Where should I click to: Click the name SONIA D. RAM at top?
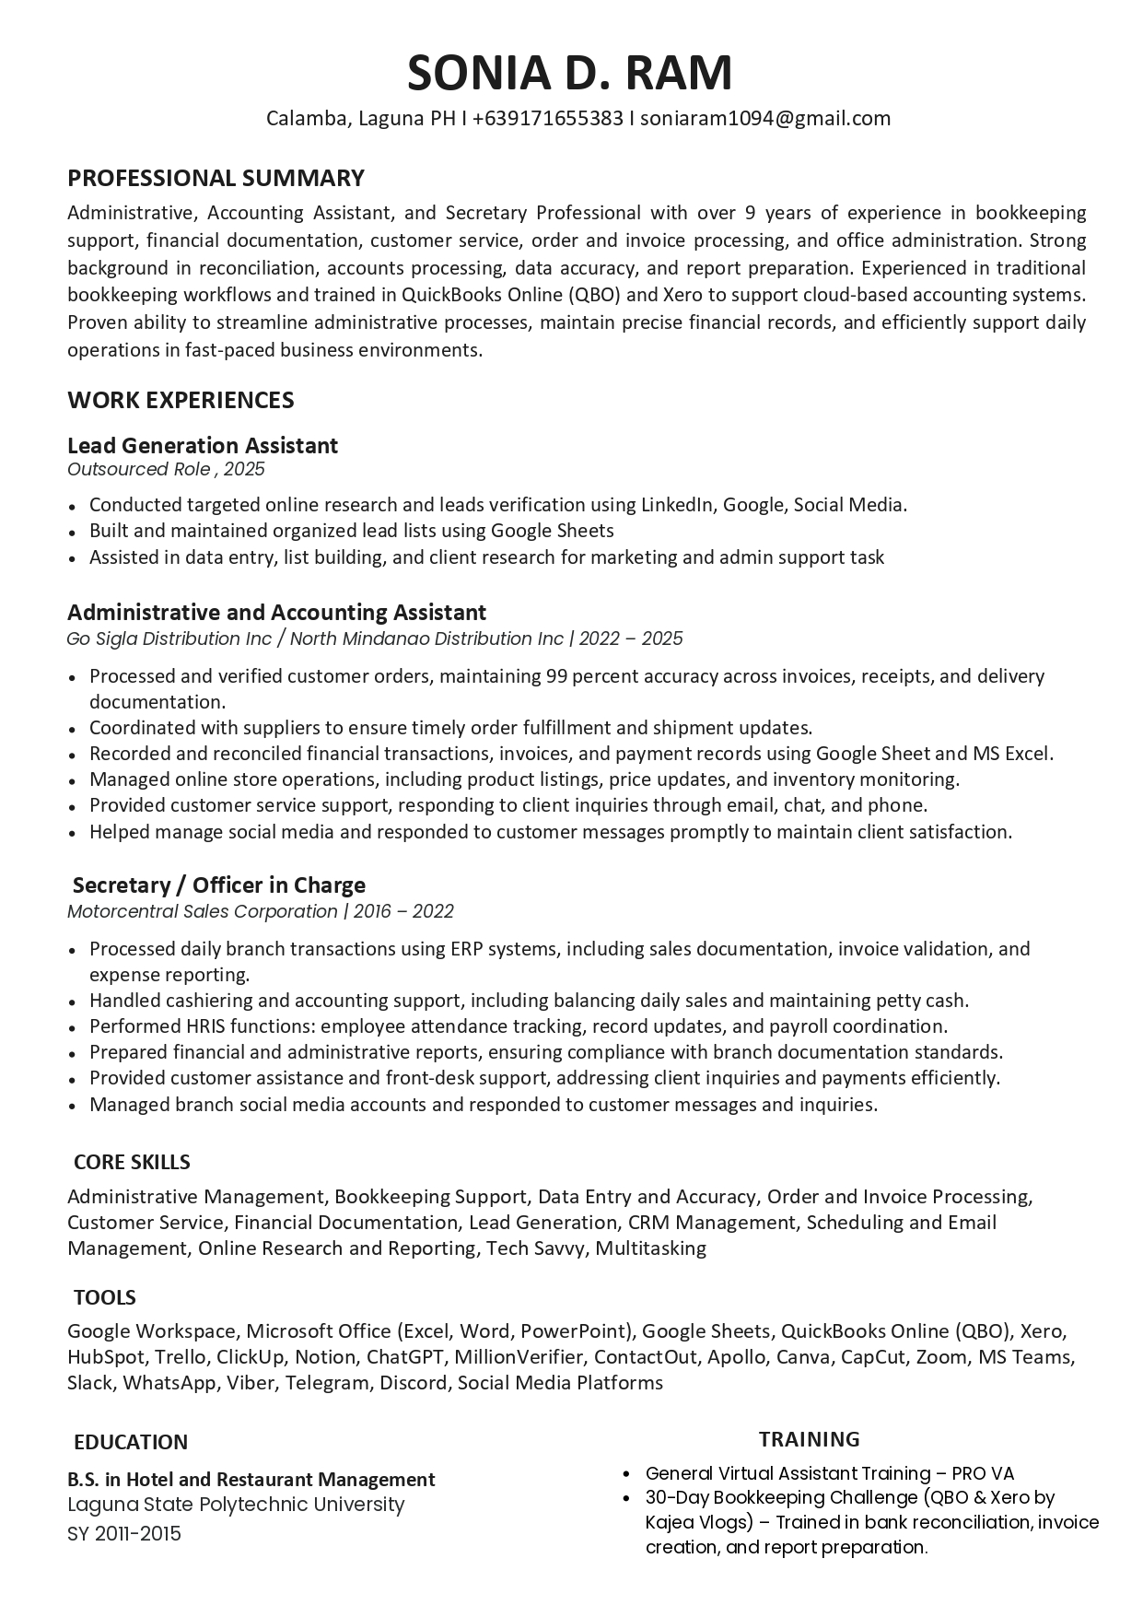click(x=570, y=73)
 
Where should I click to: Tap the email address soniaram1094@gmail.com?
click(x=765, y=118)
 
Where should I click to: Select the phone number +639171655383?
click(x=548, y=118)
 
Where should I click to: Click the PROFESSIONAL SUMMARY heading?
click(x=216, y=178)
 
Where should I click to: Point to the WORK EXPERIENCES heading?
click(x=181, y=400)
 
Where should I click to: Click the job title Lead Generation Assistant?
click(x=203, y=446)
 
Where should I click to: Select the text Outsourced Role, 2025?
click(x=166, y=469)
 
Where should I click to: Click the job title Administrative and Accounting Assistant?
click(x=276, y=613)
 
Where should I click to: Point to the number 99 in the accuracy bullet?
click(x=555, y=676)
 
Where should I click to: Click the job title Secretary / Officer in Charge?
click(x=219, y=885)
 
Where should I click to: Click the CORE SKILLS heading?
click(x=132, y=1163)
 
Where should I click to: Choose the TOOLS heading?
click(x=105, y=1298)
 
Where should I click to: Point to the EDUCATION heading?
click(x=131, y=1443)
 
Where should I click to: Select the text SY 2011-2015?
click(x=124, y=1534)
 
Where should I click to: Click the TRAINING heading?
click(x=809, y=1439)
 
